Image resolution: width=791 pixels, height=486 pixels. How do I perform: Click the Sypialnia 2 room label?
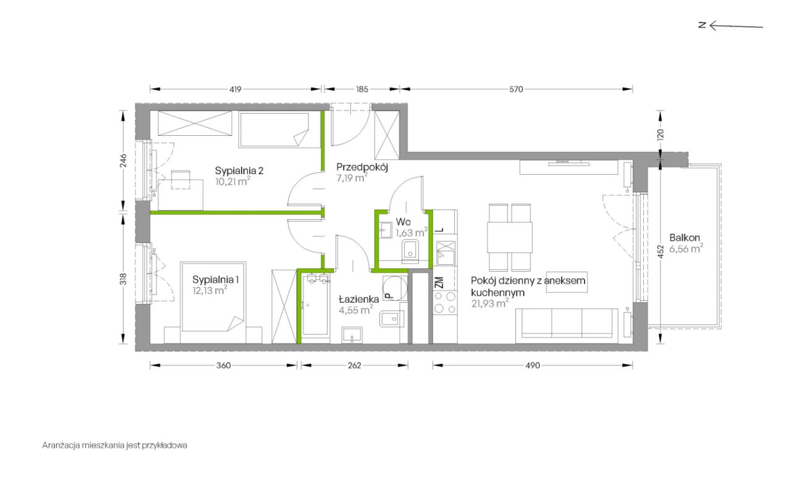239,171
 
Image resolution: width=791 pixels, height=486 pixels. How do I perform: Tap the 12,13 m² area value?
209,290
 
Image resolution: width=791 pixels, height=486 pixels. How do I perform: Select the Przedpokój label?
362,167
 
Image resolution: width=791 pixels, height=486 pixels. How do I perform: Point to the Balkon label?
684,238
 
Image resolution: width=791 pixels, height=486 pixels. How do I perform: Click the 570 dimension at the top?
516,90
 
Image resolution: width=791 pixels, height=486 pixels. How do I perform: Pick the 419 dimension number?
235,90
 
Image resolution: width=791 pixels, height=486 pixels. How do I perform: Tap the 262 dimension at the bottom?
354,366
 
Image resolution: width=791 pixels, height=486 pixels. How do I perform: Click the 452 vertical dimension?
661,251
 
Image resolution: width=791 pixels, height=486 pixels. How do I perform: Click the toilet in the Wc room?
410,251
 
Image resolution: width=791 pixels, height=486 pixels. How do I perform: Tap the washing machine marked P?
395,288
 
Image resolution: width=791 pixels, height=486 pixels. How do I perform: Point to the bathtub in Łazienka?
315,304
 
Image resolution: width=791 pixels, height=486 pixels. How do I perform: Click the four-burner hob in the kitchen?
445,303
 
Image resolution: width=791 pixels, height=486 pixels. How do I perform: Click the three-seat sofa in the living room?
567,326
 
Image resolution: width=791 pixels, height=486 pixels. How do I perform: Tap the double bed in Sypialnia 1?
213,297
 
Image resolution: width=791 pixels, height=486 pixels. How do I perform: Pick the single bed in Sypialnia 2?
274,130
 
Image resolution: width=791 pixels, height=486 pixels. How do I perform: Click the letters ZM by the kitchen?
439,282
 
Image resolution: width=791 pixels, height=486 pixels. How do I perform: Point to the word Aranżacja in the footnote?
61,445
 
